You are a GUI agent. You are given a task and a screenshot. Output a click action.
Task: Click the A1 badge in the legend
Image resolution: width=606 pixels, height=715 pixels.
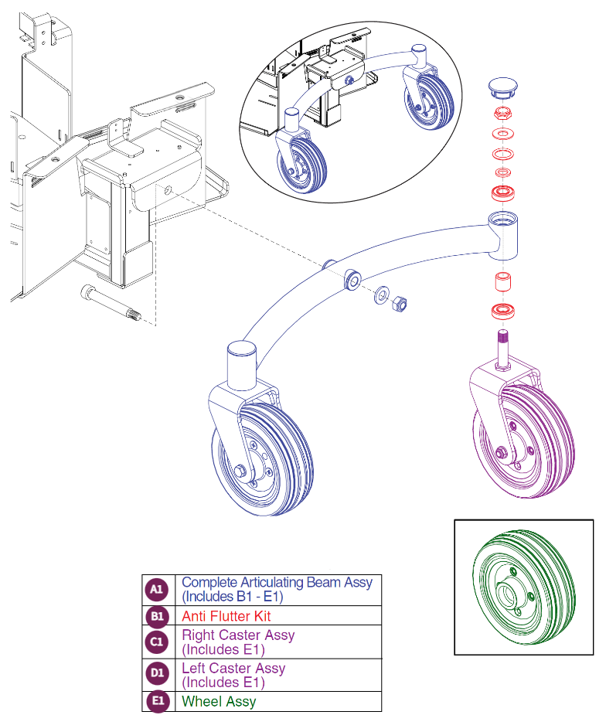[x=156, y=590]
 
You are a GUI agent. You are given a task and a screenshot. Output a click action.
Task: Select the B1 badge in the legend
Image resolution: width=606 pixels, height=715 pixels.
[x=156, y=616]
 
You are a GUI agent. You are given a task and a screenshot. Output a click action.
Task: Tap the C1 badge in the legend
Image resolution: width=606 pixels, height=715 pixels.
[x=156, y=642]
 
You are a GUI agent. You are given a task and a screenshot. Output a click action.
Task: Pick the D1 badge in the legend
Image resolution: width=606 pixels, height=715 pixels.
[x=156, y=675]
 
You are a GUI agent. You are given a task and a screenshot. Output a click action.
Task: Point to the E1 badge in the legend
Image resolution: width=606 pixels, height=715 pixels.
[x=156, y=701]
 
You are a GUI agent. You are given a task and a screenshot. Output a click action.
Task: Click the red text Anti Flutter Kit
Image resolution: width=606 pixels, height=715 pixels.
[x=226, y=616]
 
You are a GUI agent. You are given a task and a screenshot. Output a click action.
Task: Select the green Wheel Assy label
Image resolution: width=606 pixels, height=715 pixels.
[x=219, y=701]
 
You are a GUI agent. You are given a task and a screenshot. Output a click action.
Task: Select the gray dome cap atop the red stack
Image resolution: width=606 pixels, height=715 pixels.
[x=503, y=87]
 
